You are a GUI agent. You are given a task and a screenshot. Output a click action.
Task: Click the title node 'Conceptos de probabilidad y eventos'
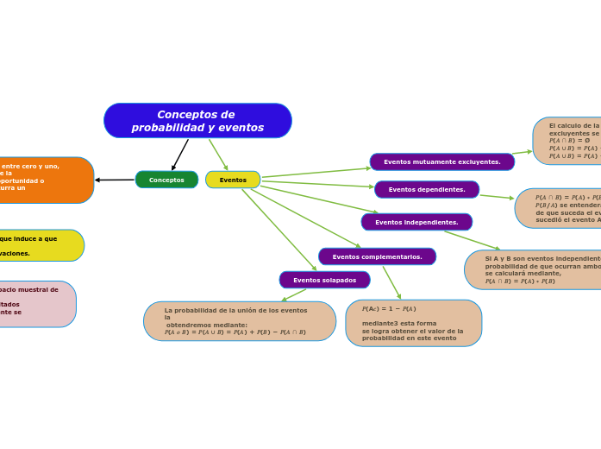(197, 121)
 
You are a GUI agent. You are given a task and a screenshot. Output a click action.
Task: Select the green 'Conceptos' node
(166, 180)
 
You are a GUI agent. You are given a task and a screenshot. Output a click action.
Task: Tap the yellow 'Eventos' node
(233, 180)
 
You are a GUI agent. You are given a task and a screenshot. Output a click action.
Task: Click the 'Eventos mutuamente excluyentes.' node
(441, 161)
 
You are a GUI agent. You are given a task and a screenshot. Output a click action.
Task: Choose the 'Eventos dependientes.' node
(427, 189)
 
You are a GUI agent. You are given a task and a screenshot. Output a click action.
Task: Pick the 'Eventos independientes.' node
(416, 222)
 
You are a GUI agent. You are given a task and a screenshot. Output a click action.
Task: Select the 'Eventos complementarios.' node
(377, 256)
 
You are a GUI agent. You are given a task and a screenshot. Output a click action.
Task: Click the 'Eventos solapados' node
(324, 280)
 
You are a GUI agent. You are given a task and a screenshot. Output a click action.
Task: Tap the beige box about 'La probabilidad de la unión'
(240, 321)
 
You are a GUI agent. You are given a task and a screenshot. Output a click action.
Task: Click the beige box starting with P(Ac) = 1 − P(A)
(413, 323)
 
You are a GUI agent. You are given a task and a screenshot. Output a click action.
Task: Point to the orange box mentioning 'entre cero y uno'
(43, 180)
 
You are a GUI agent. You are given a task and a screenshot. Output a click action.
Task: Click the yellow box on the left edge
(39, 245)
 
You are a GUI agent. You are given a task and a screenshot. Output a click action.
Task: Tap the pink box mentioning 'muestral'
(34, 304)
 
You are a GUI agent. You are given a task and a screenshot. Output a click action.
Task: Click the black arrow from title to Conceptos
(180, 155)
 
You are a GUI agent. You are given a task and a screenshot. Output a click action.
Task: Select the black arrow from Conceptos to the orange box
(115, 180)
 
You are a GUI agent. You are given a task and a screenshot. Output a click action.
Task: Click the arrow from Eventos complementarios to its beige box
(391, 282)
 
